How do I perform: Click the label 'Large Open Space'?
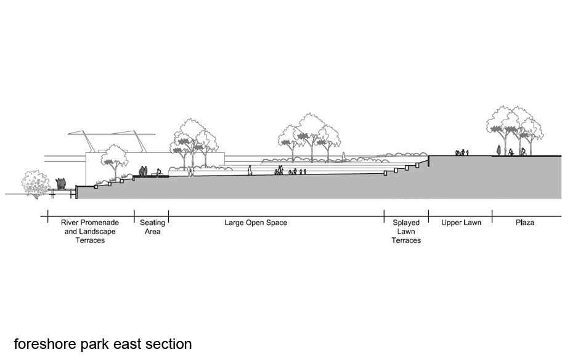point(256,223)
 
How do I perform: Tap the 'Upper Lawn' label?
point(461,223)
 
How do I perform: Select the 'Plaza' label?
point(524,223)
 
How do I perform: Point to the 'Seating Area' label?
point(152,227)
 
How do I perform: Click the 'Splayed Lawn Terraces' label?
point(405,231)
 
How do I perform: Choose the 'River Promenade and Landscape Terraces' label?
point(90,231)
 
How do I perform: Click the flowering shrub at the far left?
point(36,183)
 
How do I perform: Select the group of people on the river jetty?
point(60,184)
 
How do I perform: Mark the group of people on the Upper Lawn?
point(462,152)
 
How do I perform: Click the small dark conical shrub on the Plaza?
point(499,150)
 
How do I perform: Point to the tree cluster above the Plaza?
point(514,126)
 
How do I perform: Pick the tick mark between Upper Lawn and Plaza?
point(492,216)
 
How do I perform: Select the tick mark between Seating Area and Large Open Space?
point(168,216)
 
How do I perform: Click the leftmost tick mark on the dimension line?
point(47,216)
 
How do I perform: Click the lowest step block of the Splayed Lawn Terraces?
point(386,173)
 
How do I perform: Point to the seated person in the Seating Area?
point(158,173)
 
